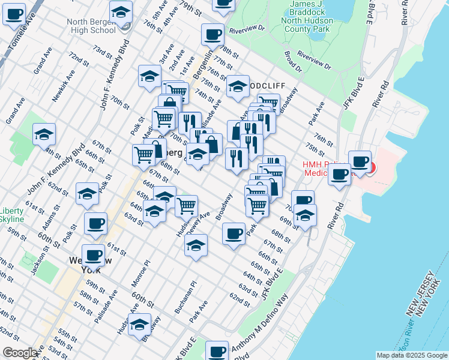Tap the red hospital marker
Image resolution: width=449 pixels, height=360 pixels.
(x=370, y=169)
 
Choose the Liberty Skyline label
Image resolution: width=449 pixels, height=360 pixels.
(x=11, y=215)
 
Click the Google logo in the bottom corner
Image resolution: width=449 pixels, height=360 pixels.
(x=20, y=353)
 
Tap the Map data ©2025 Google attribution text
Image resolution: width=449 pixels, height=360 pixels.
(x=411, y=355)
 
